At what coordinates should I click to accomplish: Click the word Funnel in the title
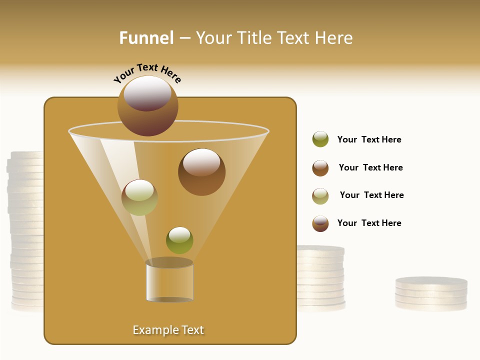[x=146, y=38]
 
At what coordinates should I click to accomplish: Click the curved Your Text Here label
[x=147, y=73]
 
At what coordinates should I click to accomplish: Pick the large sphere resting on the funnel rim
[x=148, y=105]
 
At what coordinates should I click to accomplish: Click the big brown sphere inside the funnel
[x=201, y=172]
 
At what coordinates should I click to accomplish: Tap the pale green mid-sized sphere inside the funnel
[x=139, y=197]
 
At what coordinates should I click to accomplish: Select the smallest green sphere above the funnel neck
[x=179, y=240]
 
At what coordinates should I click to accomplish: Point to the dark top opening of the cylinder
[x=169, y=262]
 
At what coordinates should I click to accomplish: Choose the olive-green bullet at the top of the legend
[x=320, y=139]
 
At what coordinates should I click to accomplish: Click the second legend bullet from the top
[x=320, y=168]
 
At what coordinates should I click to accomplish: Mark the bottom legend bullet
[x=320, y=223]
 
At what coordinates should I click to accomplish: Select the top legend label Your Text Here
[x=369, y=139]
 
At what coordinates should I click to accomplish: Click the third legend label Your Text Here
[x=371, y=195]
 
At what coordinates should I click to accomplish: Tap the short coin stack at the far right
[x=431, y=294]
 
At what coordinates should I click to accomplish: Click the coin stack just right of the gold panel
[x=320, y=278]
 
